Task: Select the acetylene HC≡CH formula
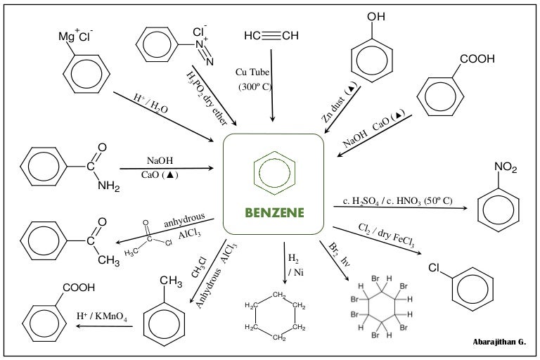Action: tap(271, 36)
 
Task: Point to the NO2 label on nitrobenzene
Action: tap(505, 167)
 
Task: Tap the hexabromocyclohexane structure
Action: tap(379, 310)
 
